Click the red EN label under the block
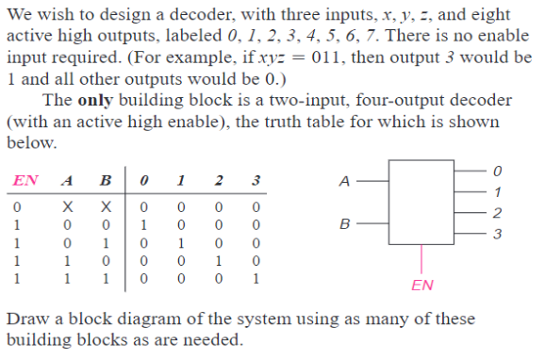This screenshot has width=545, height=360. coord(423,283)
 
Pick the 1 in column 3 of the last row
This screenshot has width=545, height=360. coord(256,280)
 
